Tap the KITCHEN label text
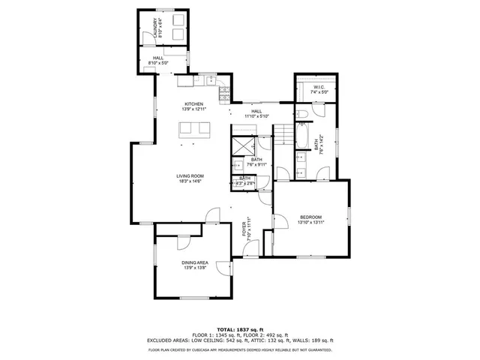(194, 103)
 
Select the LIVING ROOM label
(190, 175)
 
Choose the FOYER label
(244, 229)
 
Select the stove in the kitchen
(223, 94)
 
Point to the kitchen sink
(206, 78)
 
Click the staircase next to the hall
(283, 135)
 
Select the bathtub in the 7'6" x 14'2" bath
(301, 136)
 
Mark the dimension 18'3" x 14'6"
(190, 181)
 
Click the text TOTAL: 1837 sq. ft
(240, 329)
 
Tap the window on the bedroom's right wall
(349, 217)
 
